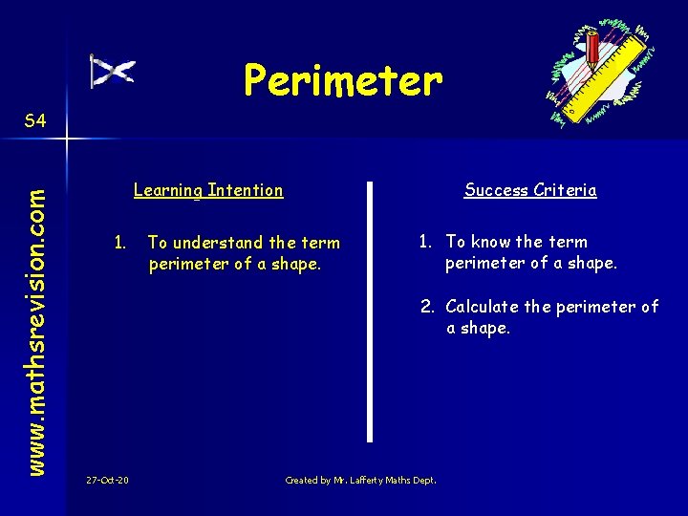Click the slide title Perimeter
(343, 80)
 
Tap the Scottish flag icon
(112, 72)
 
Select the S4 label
(35, 120)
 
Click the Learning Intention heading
(208, 190)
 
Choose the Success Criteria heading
(530, 190)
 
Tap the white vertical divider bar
(370, 311)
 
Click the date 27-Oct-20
(107, 480)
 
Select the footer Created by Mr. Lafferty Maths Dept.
(360, 480)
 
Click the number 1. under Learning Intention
(119, 243)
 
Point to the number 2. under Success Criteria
(426, 307)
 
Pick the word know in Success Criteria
(490, 242)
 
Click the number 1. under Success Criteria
(426, 242)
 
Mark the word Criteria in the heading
(565, 190)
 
